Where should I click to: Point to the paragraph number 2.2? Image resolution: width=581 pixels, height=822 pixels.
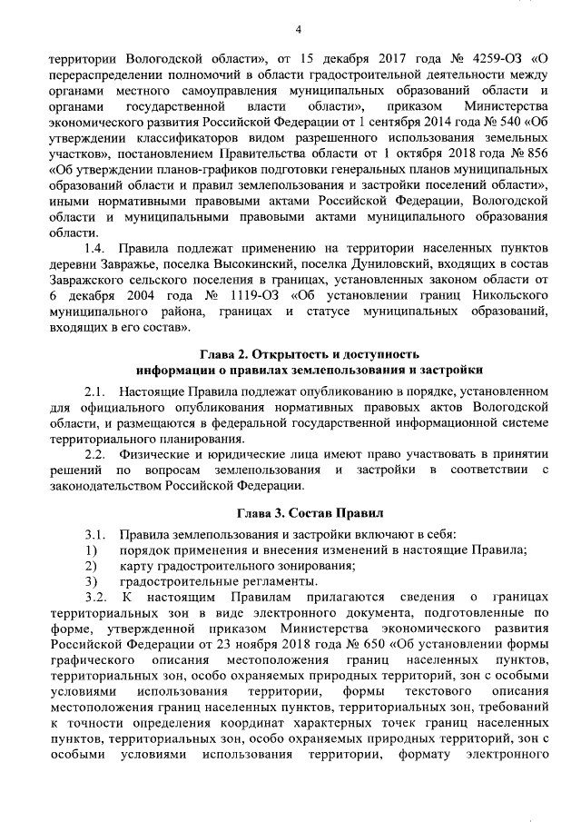pos(94,452)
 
